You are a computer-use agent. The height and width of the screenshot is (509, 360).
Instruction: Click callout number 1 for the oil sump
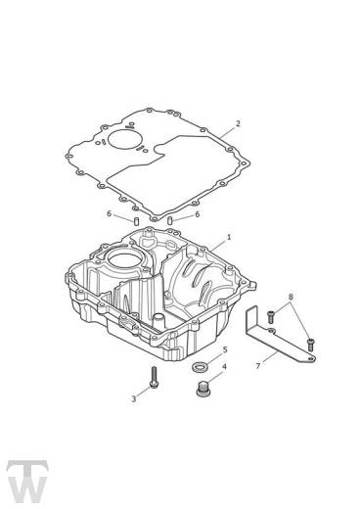(x=229, y=237)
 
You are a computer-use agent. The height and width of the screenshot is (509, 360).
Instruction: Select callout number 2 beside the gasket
(x=238, y=123)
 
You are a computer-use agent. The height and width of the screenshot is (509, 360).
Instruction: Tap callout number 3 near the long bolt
(x=133, y=398)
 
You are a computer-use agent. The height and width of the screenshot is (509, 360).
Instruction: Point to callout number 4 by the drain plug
(x=224, y=367)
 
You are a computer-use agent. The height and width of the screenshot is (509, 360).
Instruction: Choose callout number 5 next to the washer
(x=225, y=350)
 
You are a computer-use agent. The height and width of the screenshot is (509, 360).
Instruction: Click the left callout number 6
(x=109, y=213)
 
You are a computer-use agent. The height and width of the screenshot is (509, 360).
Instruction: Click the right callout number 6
(x=197, y=214)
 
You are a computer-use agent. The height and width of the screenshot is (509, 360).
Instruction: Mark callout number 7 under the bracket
(x=258, y=366)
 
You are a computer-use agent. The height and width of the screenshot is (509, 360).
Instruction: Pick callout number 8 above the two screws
(x=291, y=297)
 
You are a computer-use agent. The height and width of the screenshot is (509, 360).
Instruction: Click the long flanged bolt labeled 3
(x=154, y=378)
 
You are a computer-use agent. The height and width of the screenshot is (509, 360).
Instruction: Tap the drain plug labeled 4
(x=202, y=389)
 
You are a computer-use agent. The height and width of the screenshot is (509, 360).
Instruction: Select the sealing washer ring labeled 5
(x=199, y=367)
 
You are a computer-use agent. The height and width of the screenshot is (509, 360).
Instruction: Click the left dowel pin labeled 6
(x=137, y=221)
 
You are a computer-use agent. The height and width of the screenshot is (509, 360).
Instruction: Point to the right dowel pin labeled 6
(x=169, y=220)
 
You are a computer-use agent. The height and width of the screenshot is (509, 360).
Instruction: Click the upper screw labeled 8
(x=271, y=317)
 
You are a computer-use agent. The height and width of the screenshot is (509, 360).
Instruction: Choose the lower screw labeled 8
(x=310, y=345)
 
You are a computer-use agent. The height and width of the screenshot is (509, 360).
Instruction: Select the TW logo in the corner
(x=27, y=482)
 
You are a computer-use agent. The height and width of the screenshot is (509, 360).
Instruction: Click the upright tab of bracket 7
(x=251, y=320)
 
